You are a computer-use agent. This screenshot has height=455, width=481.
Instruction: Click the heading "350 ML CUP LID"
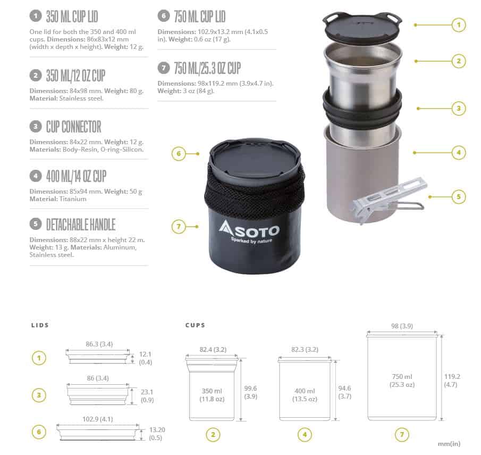[x=72, y=16]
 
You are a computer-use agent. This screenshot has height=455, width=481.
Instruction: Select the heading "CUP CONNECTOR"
[x=74, y=127]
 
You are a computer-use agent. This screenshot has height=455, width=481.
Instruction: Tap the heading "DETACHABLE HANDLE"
[x=81, y=225]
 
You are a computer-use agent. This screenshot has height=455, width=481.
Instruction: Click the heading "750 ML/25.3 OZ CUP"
[x=207, y=68]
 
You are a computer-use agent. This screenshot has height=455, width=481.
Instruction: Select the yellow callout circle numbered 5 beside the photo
[x=459, y=196]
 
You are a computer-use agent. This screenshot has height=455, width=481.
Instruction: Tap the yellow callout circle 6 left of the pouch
[x=179, y=154]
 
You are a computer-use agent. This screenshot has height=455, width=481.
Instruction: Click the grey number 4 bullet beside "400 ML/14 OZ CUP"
[x=36, y=176]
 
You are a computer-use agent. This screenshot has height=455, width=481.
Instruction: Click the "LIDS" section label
[x=40, y=325]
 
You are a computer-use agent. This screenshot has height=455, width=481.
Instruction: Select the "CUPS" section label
[x=195, y=325]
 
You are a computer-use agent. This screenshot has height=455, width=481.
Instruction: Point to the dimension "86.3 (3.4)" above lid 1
[x=99, y=344]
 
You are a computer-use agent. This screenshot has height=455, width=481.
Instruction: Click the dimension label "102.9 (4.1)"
[x=98, y=419]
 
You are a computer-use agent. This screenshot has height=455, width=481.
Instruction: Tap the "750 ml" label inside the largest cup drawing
[x=402, y=377]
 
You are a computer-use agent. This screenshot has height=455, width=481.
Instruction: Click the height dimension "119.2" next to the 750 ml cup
[x=452, y=377]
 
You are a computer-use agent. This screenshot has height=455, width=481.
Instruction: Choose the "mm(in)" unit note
[x=449, y=444]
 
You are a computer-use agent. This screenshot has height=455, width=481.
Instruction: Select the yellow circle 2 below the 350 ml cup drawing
[x=213, y=434]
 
